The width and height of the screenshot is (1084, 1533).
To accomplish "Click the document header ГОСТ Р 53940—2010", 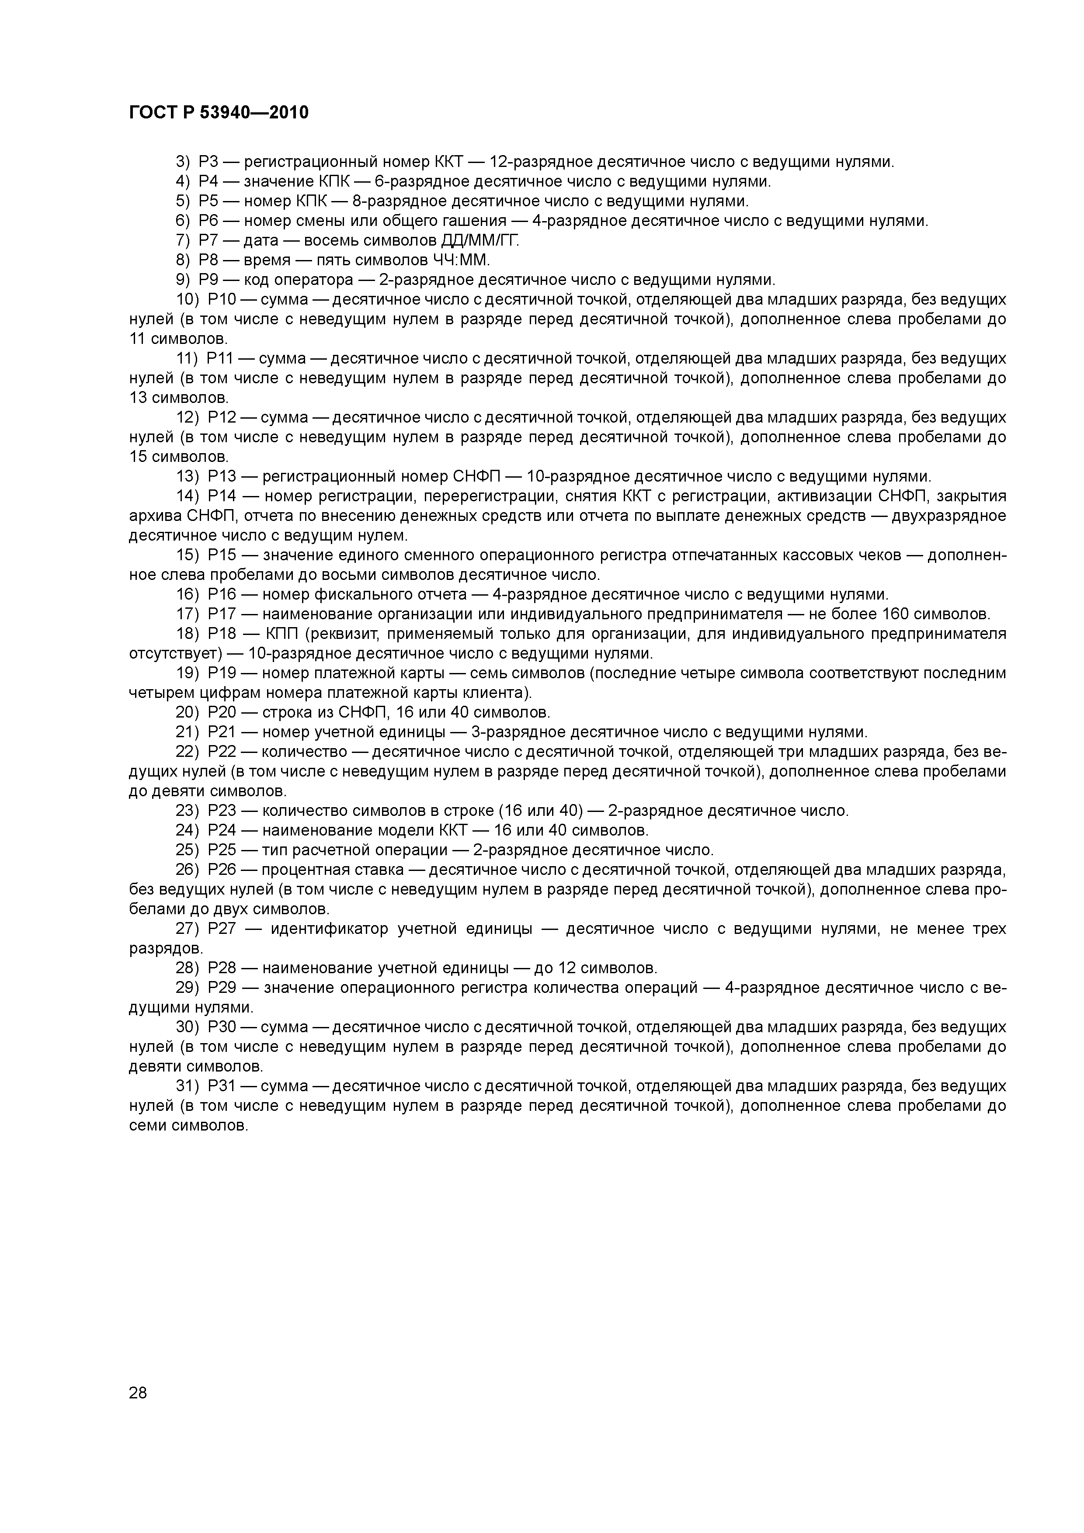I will point(219,113).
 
